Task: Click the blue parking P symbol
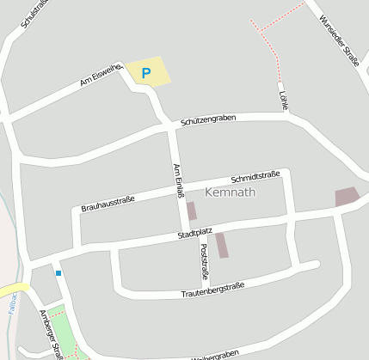point(145,74)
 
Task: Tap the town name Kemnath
point(231,192)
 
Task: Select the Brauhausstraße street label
point(108,204)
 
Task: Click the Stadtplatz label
point(194,233)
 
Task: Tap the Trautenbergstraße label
point(213,290)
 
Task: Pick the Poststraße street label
point(204,260)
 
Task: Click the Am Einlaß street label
point(179,180)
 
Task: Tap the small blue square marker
point(58,273)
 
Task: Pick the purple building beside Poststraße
point(222,245)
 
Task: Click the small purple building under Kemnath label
point(191,211)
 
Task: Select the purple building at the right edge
point(347,197)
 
